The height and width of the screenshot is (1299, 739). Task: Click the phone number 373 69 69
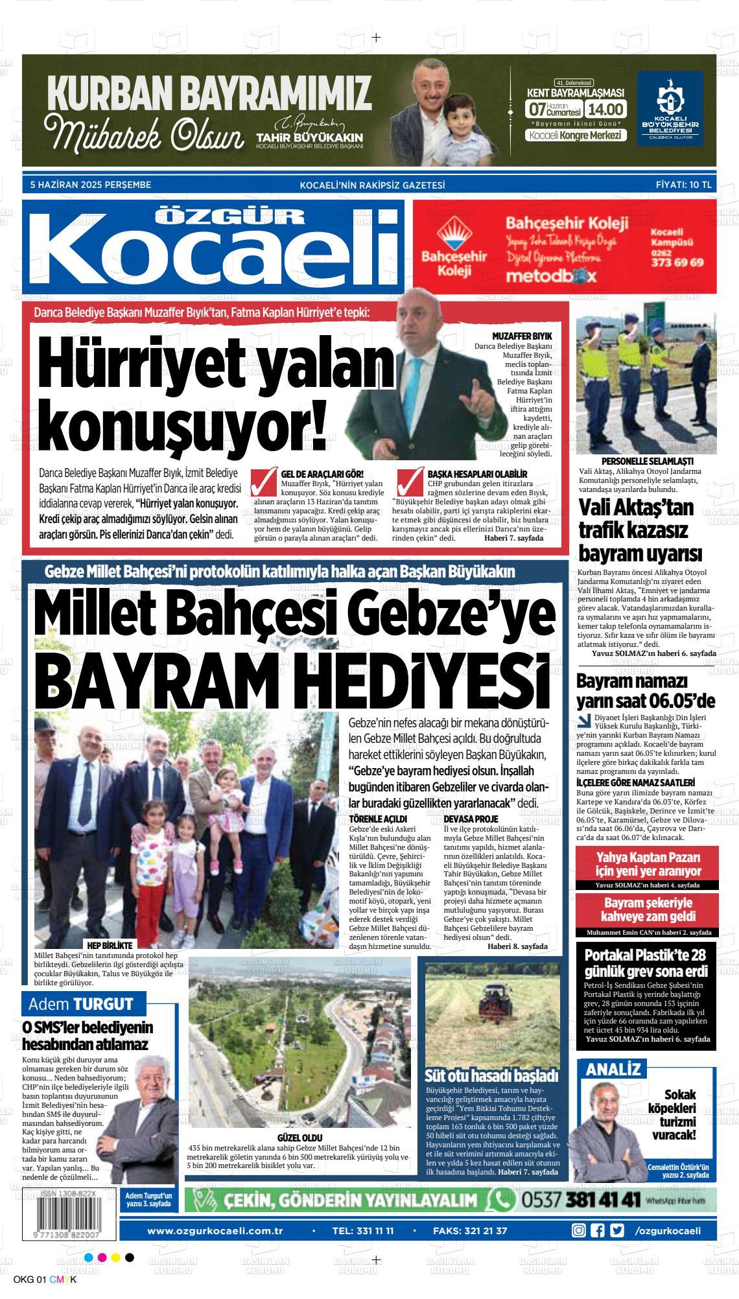click(x=677, y=263)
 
